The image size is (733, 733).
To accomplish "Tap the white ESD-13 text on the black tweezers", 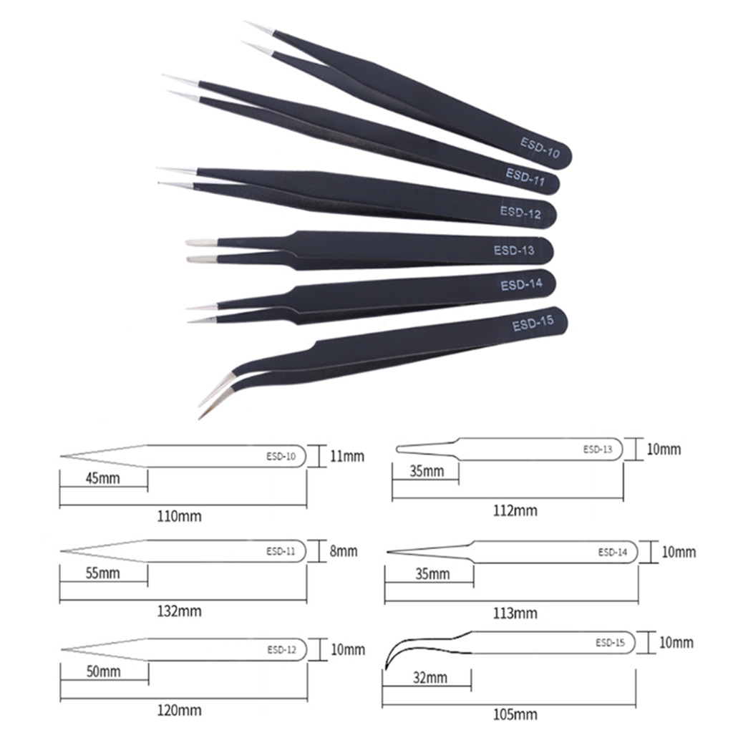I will point(513,251).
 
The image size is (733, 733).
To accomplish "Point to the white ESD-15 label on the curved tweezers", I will point(533,325).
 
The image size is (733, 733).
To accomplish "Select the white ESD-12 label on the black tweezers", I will point(520,212).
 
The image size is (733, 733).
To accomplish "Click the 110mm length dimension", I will point(179,515).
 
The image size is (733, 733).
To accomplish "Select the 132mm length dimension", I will point(179,611).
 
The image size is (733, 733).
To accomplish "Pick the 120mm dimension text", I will point(179,711).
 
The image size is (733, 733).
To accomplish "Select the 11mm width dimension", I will point(346,455).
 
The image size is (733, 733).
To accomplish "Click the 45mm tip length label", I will point(102,478).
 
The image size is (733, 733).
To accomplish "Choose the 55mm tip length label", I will point(102,573).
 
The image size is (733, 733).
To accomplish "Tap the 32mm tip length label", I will point(429,676).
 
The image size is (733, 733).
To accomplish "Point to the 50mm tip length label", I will point(103,671).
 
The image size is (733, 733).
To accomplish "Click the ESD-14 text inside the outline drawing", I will point(612,552).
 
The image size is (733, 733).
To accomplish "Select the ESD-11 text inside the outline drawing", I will point(281,551).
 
